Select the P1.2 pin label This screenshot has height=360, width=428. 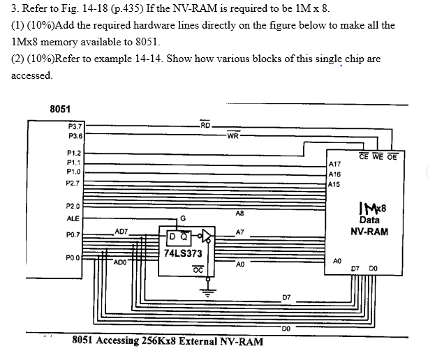(x=73, y=153)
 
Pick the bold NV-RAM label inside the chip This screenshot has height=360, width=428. (x=369, y=231)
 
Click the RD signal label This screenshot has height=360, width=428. (x=205, y=126)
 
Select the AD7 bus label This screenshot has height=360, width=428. (x=121, y=230)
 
